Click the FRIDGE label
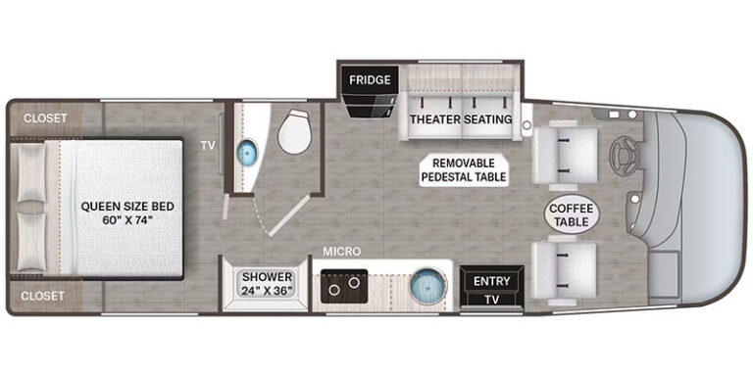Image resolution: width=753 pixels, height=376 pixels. (370, 79)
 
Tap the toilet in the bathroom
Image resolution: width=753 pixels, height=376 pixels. (294, 132)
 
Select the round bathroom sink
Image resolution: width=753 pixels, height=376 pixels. (248, 153)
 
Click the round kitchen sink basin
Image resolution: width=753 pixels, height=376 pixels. (427, 286)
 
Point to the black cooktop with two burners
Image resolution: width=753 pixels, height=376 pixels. (344, 286)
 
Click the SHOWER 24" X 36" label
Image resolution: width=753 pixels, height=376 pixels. (267, 284)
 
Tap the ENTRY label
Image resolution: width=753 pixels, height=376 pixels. (492, 281)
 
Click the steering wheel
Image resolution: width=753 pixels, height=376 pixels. (623, 157)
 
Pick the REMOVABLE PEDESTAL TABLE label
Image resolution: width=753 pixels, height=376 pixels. (464, 169)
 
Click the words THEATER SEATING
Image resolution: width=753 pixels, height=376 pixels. (461, 118)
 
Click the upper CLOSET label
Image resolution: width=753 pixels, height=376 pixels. (45, 117)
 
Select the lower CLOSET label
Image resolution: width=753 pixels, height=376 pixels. (43, 296)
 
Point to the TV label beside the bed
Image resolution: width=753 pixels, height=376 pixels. (208, 146)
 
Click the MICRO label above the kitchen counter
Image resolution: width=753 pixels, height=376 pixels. (341, 252)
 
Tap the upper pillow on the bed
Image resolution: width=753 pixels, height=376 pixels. (31, 173)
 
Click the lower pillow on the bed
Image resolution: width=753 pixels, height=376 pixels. (31, 242)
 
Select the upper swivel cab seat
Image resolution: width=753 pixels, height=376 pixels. (565, 155)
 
